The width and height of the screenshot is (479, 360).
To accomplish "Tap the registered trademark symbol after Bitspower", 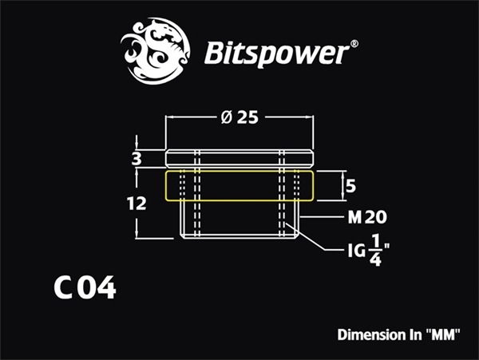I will (x=355, y=46).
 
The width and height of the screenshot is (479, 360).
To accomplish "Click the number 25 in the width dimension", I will (x=248, y=117).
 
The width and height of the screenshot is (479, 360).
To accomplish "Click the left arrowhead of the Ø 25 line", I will (x=168, y=117).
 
